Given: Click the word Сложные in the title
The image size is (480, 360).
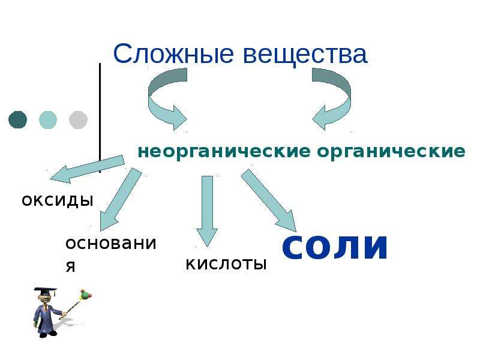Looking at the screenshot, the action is [x=173, y=53].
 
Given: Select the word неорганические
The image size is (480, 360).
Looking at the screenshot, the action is [x=224, y=152].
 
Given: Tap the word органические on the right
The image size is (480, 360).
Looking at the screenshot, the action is [x=391, y=152].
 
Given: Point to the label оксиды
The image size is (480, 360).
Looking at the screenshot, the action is [x=58, y=200].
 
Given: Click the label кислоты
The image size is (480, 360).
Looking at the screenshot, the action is [x=226, y=264].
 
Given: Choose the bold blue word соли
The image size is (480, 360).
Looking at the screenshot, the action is [x=335, y=247].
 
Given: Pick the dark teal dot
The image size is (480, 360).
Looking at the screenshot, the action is [x=18, y=119].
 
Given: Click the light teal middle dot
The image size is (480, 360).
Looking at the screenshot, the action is [x=48, y=119].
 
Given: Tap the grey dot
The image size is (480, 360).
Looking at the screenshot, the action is [x=79, y=119].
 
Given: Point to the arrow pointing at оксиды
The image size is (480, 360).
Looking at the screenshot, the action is [x=87, y=169].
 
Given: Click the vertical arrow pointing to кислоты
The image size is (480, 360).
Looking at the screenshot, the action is [x=207, y=211].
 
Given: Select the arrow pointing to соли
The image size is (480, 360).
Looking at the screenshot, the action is [x=269, y=200].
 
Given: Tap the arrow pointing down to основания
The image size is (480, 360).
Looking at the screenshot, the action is [x=121, y=199].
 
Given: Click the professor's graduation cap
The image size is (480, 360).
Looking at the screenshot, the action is [x=46, y=290].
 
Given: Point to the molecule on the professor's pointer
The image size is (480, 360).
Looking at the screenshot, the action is [x=85, y=295].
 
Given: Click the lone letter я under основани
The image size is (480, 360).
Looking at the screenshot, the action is [x=70, y=266].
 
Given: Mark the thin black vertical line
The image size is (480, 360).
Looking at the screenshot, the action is [x=100, y=118].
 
